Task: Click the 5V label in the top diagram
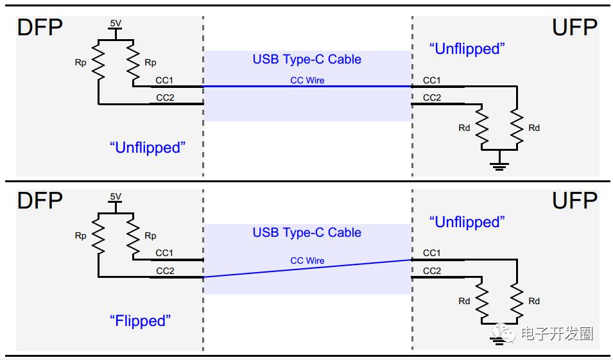(x=116, y=24)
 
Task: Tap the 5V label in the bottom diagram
(x=116, y=196)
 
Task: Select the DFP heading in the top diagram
(x=40, y=28)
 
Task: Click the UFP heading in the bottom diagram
(x=574, y=200)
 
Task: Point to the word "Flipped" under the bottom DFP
(x=140, y=321)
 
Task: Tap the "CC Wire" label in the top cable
(x=307, y=80)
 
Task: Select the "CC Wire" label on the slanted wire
(x=307, y=261)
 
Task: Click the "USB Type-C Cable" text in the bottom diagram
(x=307, y=232)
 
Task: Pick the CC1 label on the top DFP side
(x=164, y=80)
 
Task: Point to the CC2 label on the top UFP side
(x=432, y=98)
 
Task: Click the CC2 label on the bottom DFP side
(x=165, y=271)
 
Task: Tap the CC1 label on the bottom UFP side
(x=431, y=253)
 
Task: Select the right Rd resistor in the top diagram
(x=517, y=127)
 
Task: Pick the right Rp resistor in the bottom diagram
(x=133, y=234)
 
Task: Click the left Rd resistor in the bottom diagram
(x=481, y=300)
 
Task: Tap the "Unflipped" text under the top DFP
(x=148, y=148)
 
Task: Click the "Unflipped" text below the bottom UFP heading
(x=467, y=222)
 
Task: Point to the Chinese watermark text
(x=557, y=334)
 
